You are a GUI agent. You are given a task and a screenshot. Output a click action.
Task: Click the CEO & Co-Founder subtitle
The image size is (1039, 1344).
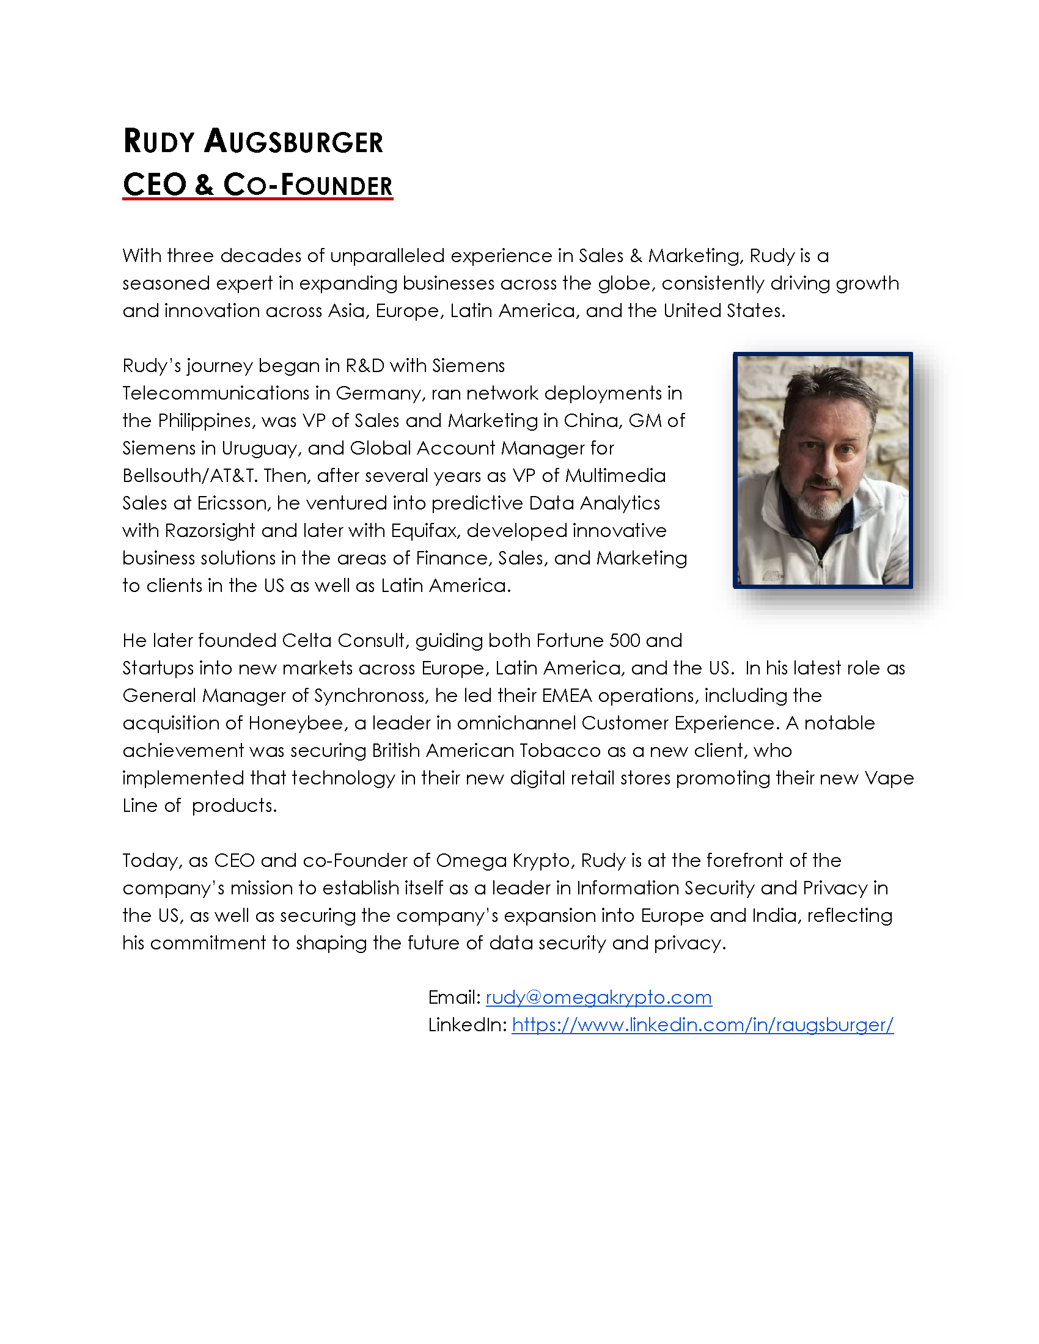(257, 184)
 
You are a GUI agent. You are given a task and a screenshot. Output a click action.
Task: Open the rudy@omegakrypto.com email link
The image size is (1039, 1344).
(598, 997)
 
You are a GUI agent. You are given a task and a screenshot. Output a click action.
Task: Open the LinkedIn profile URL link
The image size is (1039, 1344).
(702, 1024)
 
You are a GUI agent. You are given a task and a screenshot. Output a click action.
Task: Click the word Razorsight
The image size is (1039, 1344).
(209, 531)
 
